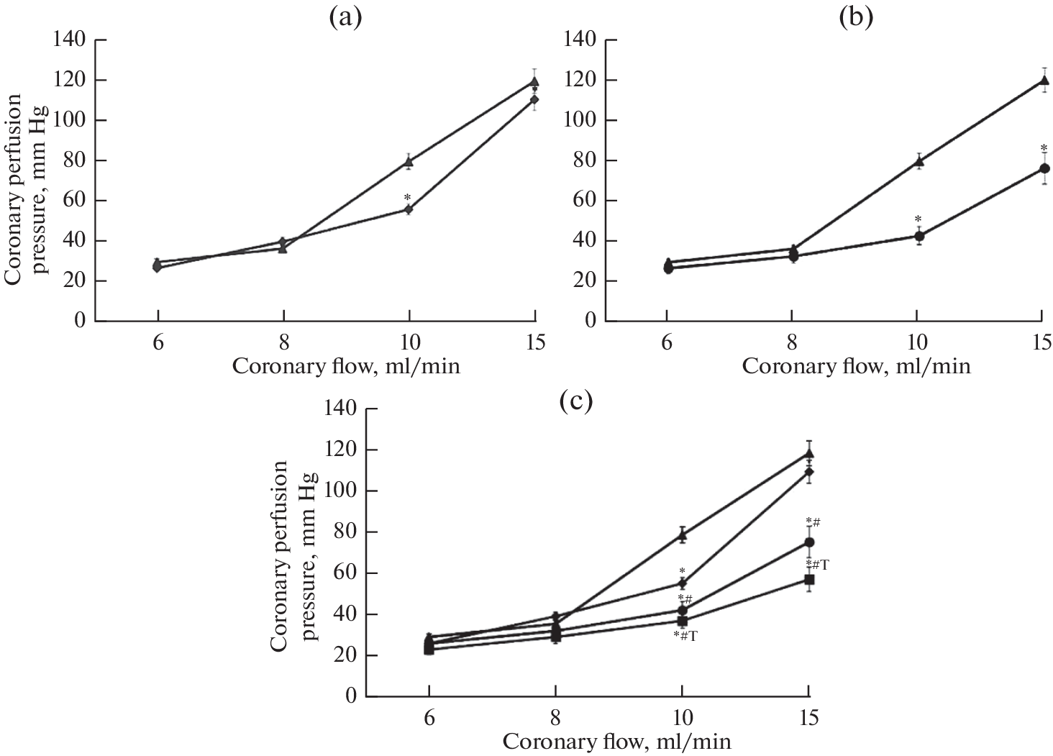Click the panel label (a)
345,17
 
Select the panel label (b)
857,17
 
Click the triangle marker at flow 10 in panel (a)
409,162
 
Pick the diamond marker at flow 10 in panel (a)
409,209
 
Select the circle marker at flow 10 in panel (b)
918,236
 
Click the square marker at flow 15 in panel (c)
809,579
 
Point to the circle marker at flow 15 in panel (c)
809,542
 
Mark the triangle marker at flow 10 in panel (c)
682,534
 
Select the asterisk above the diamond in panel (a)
407,198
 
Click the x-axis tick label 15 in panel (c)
808,717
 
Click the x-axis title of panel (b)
856,366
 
